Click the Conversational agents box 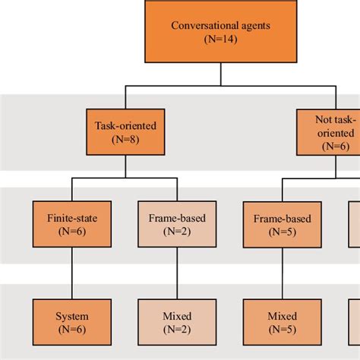[x=220, y=33]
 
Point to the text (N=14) [x=220, y=39]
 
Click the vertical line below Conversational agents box [x=221, y=74]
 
